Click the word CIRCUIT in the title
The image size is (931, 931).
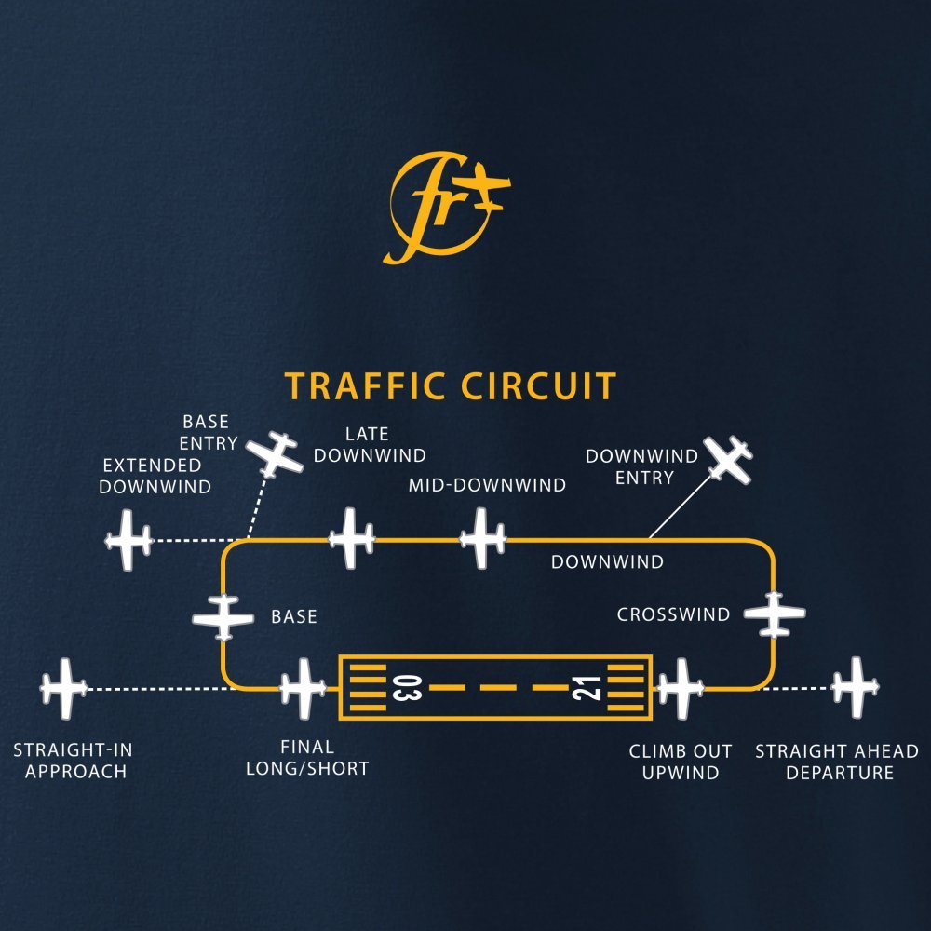[x=542, y=386]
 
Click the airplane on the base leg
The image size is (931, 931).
[x=223, y=616]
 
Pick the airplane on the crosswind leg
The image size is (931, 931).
[x=774, y=614]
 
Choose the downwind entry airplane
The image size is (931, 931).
[x=728, y=459]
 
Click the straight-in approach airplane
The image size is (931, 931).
[x=64, y=688]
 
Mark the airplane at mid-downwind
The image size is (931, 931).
[x=483, y=538]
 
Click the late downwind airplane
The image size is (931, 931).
[x=351, y=538]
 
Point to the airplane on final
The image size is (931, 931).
[x=303, y=689]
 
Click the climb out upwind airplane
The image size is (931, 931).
[x=681, y=689]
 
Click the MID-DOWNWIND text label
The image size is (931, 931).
[x=487, y=485]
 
